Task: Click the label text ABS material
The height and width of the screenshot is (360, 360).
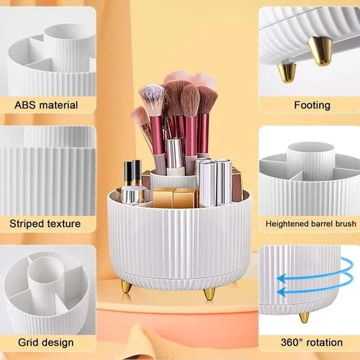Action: point(46,105)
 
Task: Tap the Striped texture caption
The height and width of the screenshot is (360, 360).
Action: point(45,224)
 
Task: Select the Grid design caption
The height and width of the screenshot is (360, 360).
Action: point(45,343)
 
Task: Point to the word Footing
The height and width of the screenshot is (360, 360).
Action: point(312,106)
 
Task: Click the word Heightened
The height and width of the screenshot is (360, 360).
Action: point(287,224)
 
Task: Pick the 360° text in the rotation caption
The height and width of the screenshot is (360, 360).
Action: point(292,342)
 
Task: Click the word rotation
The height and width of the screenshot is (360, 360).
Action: point(324,343)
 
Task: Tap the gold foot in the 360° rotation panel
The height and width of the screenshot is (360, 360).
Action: point(305,317)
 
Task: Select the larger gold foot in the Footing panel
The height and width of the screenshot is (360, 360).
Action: point(321,51)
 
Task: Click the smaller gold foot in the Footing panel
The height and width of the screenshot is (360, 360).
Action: point(287,72)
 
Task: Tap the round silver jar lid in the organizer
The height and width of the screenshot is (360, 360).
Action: point(133,195)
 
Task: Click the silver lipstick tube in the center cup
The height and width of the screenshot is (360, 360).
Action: point(174,153)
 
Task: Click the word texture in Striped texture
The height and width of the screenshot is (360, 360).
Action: point(64,224)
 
